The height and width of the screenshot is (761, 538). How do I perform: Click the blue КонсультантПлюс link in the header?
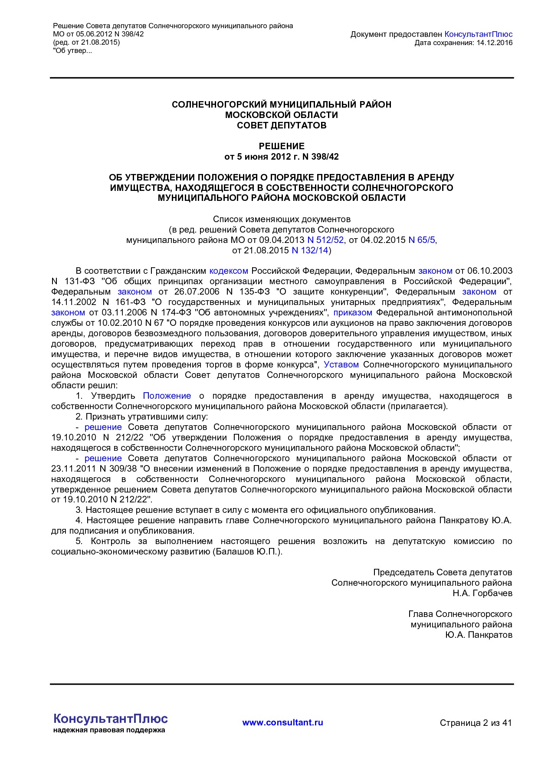point(478,34)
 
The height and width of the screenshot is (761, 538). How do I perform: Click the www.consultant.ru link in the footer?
point(282,722)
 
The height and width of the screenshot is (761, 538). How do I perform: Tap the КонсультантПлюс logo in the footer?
point(110,719)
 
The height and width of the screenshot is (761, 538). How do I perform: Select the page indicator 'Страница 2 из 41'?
point(476,723)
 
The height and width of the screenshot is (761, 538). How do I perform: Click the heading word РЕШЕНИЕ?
point(282,146)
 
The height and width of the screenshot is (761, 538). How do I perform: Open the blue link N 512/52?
point(325,240)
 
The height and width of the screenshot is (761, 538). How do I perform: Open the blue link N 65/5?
point(421,240)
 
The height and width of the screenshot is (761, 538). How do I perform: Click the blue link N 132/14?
point(310,250)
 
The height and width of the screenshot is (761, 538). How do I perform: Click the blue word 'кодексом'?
point(229,271)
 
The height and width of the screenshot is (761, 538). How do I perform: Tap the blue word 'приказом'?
point(353,313)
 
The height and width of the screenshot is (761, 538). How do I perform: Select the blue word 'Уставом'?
point(341,365)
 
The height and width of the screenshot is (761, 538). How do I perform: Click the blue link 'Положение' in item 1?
point(167,396)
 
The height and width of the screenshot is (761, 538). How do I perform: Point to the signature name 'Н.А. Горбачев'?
point(482,593)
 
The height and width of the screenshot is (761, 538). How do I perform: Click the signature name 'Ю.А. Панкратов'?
point(479,635)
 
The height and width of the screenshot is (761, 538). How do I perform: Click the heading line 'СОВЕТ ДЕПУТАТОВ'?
point(282,125)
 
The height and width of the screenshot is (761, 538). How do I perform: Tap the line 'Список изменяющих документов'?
point(282,219)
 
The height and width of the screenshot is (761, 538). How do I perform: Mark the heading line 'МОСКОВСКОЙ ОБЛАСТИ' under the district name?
point(282,115)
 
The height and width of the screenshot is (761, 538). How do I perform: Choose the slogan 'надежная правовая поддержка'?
point(109,730)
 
